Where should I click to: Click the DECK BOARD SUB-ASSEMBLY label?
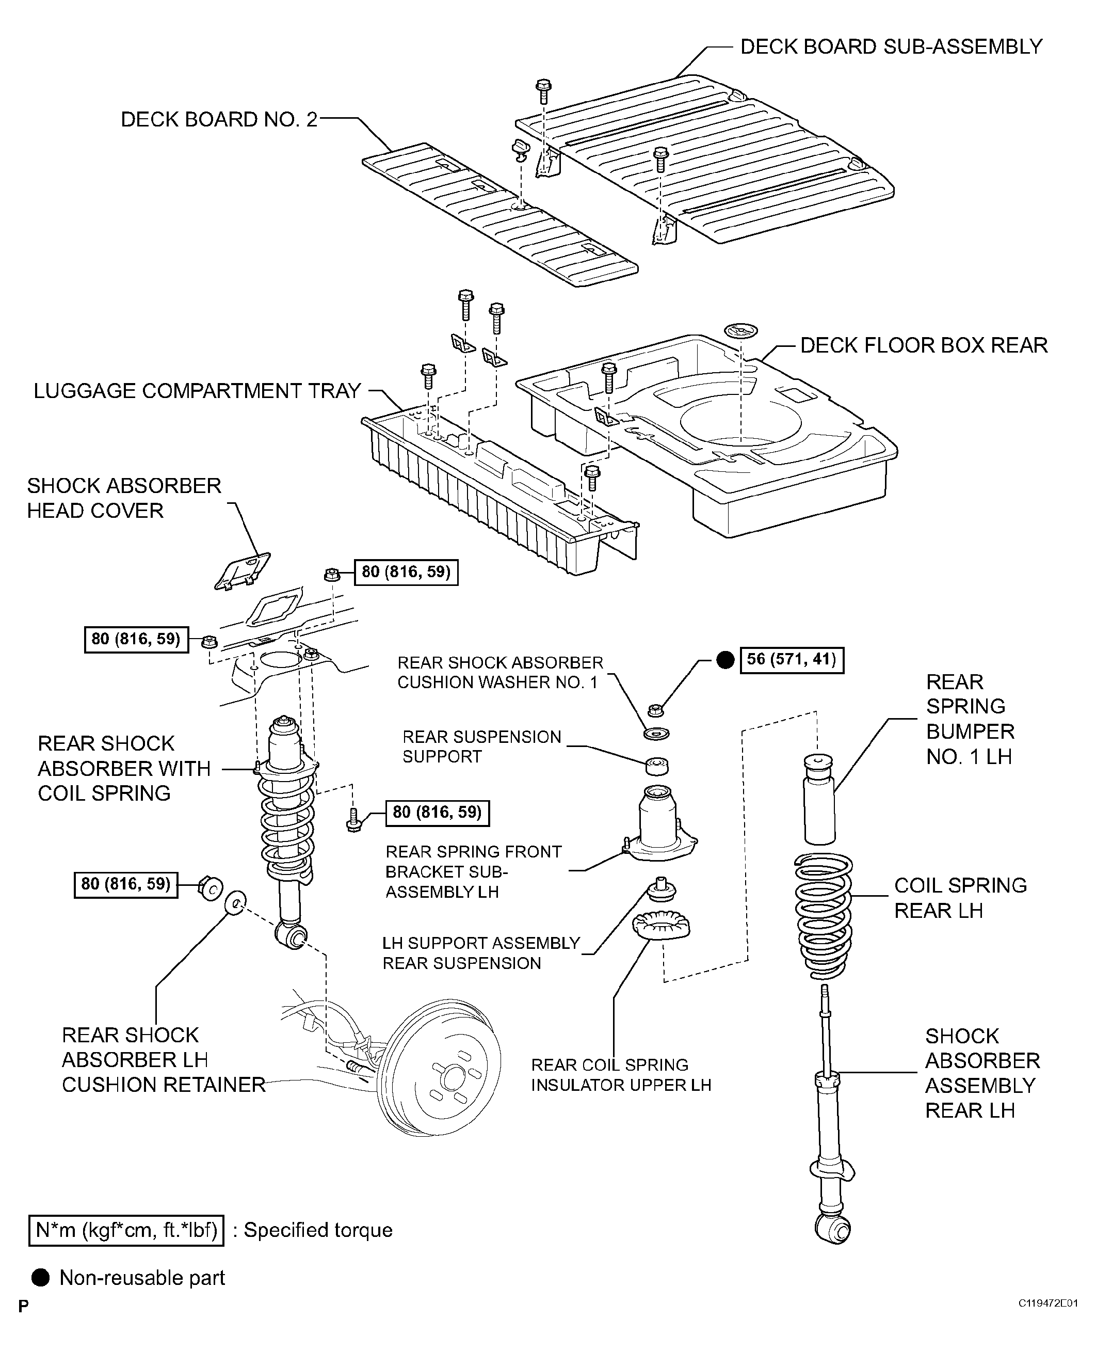891,47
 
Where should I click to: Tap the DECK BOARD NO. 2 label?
219,119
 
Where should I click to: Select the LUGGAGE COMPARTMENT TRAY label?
197,391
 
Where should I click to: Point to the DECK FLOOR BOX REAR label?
924,345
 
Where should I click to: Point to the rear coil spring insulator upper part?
661,927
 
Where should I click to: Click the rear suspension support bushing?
656,765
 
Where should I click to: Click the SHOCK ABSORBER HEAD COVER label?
124,498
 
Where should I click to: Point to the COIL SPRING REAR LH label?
960,898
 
